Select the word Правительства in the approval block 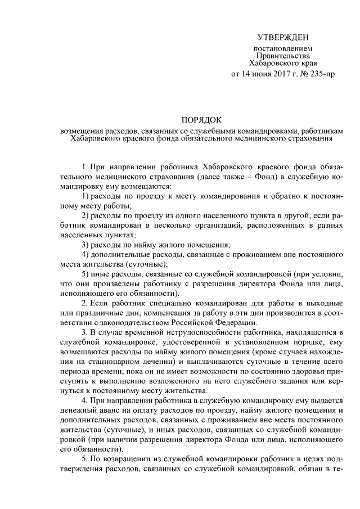pos(283,56)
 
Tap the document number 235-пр pos(321,74)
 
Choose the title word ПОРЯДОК pos(201,120)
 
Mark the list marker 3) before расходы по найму pos(86,245)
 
